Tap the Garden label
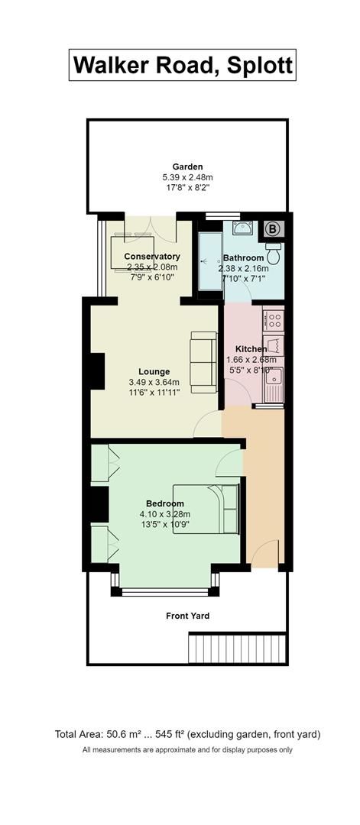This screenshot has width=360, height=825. pyautogui.click(x=187, y=167)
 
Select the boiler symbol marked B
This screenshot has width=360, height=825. pyautogui.click(x=274, y=227)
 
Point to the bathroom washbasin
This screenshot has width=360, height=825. pyautogui.click(x=243, y=228)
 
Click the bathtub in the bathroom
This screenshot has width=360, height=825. pyautogui.click(x=208, y=261)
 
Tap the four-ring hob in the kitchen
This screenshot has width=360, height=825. pyautogui.click(x=273, y=318)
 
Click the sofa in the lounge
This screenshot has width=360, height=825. pyautogui.click(x=204, y=363)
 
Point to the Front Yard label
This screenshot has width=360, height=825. pyautogui.click(x=188, y=616)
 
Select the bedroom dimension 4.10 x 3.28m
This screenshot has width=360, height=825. pyautogui.click(x=164, y=515)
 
